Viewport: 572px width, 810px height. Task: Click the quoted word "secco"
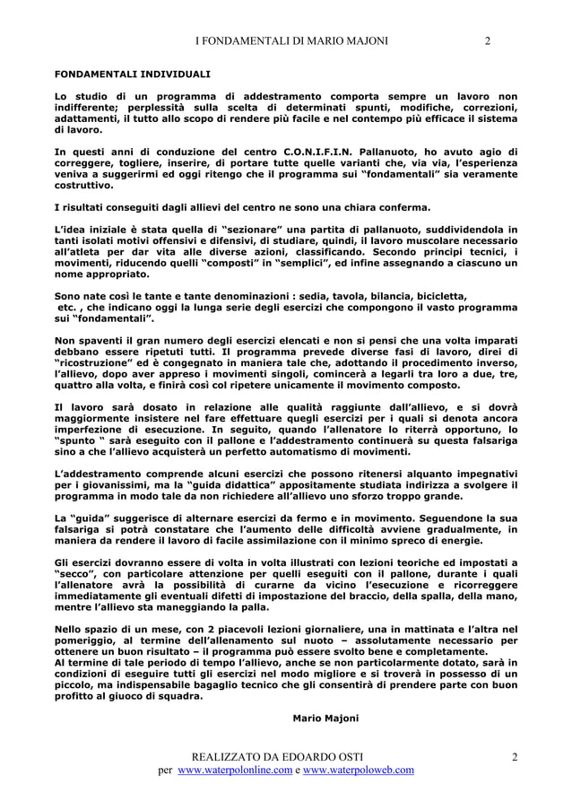(x=81, y=572)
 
